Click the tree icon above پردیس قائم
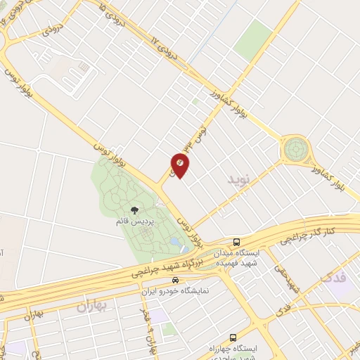point(134,210)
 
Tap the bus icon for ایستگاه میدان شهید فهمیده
point(237,240)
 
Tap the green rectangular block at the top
point(252,39)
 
